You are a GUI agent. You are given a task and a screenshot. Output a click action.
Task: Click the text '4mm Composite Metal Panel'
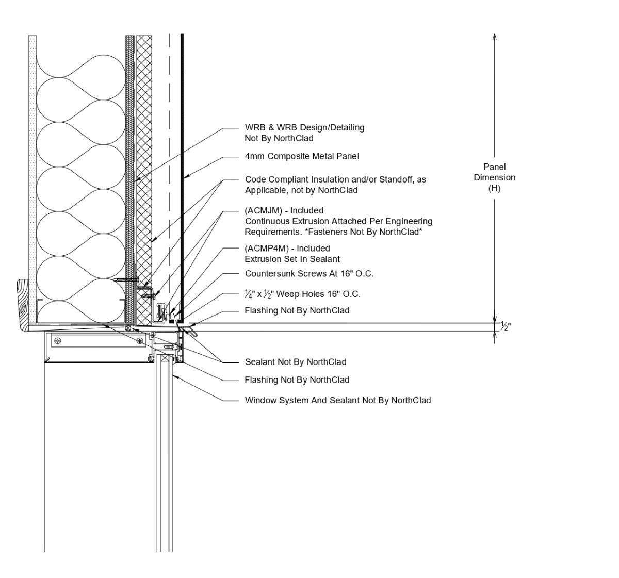(x=302, y=156)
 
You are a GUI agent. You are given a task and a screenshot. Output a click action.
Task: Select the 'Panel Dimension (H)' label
(x=494, y=177)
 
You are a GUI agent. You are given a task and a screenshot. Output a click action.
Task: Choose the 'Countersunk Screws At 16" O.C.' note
(x=309, y=274)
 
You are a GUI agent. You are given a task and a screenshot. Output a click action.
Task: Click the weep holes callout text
(x=302, y=294)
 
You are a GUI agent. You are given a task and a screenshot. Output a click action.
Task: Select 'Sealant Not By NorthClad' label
(x=296, y=362)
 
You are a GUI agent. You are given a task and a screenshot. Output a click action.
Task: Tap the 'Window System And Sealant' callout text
(x=337, y=400)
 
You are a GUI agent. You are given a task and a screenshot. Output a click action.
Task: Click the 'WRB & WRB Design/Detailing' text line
(x=304, y=127)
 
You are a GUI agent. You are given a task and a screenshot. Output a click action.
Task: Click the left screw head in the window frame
(x=58, y=340)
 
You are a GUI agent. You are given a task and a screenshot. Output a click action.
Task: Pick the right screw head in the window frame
(x=140, y=340)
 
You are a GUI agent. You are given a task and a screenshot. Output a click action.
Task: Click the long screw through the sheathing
(x=126, y=279)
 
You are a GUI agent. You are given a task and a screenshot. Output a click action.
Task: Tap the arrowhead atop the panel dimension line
(x=495, y=36)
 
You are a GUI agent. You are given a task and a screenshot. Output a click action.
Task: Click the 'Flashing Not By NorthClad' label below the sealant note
(x=297, y=380)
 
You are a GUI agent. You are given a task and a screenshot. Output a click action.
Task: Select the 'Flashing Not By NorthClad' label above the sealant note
(x=297, y=310)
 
